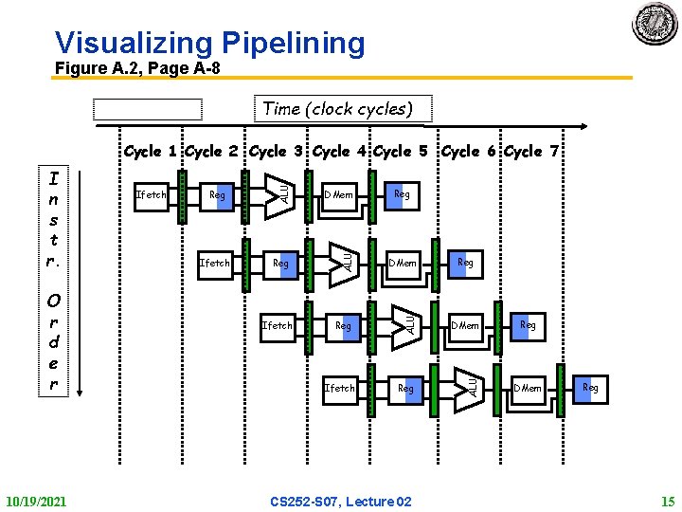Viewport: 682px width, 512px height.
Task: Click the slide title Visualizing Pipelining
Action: click(209, 43)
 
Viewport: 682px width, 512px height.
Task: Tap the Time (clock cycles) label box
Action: click(338, 108)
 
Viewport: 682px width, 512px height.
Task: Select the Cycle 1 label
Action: click(152, 152)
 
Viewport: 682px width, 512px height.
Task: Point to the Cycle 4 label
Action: click(341, 152)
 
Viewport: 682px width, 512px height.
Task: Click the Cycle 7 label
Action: click(533, 152)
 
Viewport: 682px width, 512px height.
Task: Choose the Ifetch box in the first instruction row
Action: click(152, 195)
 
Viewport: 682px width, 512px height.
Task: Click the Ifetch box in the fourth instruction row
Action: click(340, 388)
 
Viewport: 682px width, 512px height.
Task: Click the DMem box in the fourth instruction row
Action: click(528, 388)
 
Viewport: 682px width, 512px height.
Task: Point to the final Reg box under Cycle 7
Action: click(590, 388)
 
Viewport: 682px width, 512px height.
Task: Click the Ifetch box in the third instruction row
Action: click(277, 325)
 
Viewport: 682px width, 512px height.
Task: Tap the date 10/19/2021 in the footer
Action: click(36, 501)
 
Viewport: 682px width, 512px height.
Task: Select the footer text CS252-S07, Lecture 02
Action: click(341, 501)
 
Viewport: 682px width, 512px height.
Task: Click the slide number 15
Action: click(666, 501)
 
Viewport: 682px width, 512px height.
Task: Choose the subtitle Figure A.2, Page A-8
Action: click(136, 68)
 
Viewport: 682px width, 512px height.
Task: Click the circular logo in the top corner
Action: click(655, 23)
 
